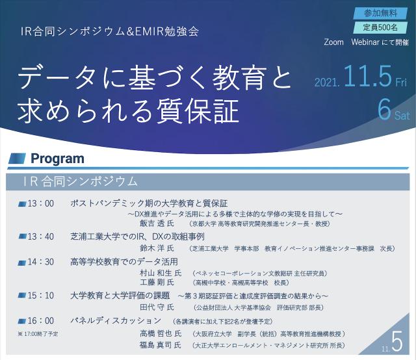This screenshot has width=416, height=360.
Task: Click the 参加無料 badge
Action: (x=380, y=13)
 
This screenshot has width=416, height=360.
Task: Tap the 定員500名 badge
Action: (x=380, y=27)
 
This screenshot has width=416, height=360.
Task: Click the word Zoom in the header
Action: (x=333, y=42)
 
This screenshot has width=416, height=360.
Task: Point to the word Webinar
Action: (x=365, y=42)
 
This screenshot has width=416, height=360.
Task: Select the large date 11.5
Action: (x=368, y=76)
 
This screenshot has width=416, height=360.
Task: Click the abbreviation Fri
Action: (x=401, y=83)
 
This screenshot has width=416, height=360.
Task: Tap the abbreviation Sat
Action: (x=402, y=116)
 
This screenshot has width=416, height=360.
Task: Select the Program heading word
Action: (x=58, y=159)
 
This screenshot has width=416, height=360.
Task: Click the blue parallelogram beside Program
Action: (x=17, y=159)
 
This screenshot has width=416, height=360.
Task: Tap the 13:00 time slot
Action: (x=40, y=203)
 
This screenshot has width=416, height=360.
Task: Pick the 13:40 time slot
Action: (x=40, y=237)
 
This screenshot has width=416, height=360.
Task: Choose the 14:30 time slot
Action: (x=40, y=262)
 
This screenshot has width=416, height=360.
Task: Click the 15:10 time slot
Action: (x=40, y=295)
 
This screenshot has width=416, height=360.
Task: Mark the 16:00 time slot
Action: (x=40, y=320)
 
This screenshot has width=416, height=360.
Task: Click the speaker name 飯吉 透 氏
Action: (x=157, y=224)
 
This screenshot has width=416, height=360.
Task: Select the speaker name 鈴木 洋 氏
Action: (x=157, y=248)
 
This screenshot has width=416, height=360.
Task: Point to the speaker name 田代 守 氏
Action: (x=157, y=307)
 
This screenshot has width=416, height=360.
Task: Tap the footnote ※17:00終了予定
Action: (x=38, y=334)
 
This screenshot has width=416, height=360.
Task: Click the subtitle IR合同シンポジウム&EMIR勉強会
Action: (x=110, y=31)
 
